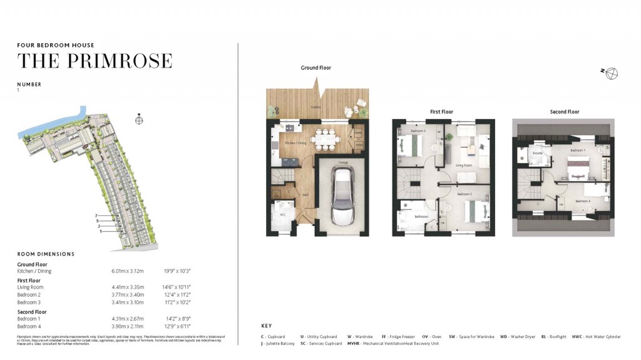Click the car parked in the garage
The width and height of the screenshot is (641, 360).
(342, 197)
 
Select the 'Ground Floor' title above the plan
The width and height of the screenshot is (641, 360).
(315, 68)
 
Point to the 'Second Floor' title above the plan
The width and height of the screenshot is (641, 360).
(564, 112)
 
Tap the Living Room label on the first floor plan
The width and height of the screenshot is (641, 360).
(463, 166)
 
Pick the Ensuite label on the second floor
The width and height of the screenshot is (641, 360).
(537, 153)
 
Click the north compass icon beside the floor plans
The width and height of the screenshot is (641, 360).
(611, 73)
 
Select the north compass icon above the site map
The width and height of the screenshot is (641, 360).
(140, 119)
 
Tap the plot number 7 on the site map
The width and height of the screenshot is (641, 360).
(97, 215)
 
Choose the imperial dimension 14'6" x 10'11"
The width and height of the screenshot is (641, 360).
(177, 287)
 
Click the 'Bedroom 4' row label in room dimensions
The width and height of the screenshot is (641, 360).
(29, 326)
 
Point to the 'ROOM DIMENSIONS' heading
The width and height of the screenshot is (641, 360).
(46, 254)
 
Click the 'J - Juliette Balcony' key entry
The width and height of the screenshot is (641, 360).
(277, 344)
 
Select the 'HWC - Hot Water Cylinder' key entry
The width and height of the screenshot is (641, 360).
(596, 337)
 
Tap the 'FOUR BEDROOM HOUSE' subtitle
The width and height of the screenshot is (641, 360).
(56, 45)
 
